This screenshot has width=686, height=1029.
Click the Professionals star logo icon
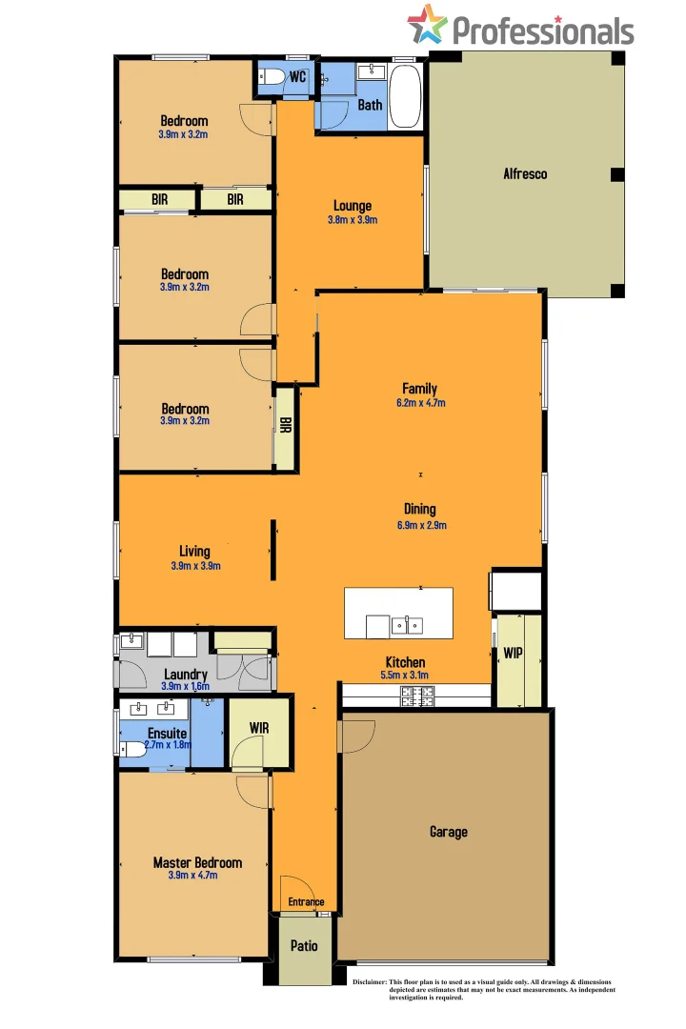pos(427,25)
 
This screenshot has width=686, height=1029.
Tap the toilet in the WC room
pos(271,79)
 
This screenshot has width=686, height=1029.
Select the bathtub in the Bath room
pos(404,96)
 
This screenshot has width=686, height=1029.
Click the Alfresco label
pos(525,174)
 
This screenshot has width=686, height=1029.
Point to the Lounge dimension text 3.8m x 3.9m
pos(353,220)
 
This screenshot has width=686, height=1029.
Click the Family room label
pos(419,389)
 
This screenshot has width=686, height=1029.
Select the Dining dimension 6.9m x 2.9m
pos(419,524)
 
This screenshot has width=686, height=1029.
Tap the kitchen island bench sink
pos(408,626)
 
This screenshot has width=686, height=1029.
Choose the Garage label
pos(448,832)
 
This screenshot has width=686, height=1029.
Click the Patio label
pos(304,946)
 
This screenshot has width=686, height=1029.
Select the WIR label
pos(258,728)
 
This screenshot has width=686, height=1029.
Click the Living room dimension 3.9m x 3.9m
pos(195,565)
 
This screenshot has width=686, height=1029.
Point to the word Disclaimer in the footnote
pos(370,981)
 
